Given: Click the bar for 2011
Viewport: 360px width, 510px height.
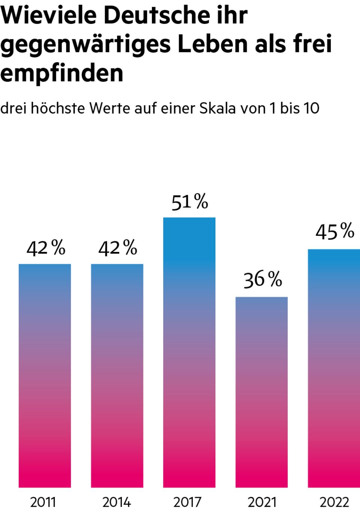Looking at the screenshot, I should click(45, 375).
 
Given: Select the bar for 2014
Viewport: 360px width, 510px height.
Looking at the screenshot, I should click(117, 375).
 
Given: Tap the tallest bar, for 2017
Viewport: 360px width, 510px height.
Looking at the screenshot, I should click(189, 352).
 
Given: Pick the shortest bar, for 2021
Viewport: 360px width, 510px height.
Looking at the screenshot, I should click(261, 392).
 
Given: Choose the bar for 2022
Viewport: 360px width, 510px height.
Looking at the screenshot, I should click(334, 367).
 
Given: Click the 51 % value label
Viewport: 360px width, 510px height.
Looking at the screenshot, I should click(190, 202).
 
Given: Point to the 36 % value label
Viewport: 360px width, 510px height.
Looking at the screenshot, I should click(262, 280).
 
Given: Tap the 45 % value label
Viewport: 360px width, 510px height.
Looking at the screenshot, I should click(334, 231).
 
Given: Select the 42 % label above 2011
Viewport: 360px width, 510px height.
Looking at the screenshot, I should click(46, 248).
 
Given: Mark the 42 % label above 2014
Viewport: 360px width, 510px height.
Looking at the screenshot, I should click(118, 248).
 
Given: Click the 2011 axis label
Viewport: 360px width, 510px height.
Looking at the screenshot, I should click(43, 502).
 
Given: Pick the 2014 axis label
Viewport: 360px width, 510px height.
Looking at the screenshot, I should click(116, 502).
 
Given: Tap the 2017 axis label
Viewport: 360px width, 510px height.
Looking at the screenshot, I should click(187, 502).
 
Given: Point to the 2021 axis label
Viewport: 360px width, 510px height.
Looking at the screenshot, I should click(261, 502).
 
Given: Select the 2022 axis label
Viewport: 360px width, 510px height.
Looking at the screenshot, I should click(334, 502).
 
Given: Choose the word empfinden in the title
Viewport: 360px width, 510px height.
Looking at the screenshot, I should click(62, 73).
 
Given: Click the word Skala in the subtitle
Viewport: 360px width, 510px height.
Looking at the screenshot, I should click(217, 108).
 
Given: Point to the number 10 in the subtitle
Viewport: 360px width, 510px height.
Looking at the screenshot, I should click(311, 108).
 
